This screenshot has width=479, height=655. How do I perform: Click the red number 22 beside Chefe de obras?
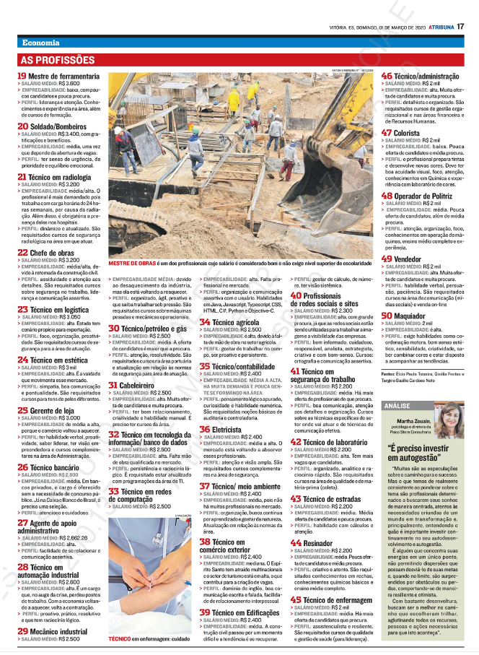point(22,253)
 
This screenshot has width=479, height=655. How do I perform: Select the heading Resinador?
point(317,542)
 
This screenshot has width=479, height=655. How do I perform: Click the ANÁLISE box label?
point(397,407)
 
